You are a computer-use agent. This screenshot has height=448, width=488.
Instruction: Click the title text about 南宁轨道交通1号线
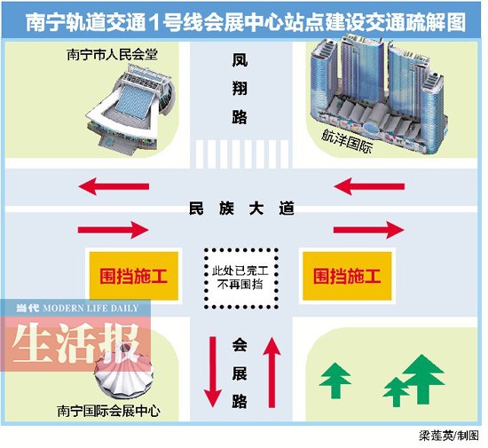tap(246, 22)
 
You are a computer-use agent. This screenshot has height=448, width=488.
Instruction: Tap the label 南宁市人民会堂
tap(113, 55)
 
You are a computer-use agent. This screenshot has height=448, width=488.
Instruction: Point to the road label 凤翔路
tap(240, 89)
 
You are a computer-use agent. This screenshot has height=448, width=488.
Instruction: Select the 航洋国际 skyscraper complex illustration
tap(379, 93)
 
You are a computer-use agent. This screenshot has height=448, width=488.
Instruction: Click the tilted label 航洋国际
tap(347, 141)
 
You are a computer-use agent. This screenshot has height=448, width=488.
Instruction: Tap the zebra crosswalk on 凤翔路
tap(242, 154)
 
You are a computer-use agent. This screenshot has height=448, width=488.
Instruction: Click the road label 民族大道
tap(241, 208)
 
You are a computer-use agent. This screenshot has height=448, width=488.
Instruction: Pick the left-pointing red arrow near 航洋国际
tap(369, 186)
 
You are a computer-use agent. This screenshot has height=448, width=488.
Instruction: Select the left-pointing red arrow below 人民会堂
tap(114, 186)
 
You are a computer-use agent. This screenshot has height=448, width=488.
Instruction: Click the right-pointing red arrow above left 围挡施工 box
tap(114, 230)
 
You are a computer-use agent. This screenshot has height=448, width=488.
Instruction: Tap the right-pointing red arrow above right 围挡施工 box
tap(369, 230)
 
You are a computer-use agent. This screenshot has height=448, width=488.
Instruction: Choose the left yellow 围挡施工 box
tap(134, 276)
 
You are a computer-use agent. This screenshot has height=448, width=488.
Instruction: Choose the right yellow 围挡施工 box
tap(347, 276)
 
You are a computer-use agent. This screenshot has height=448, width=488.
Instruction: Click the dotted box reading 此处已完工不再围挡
tap(240, 279)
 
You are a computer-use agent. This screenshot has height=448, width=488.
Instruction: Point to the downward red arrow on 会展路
tap(213, 372)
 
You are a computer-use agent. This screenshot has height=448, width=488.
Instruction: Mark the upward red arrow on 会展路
tap(272, 372)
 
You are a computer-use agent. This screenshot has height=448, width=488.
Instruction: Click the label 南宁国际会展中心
tap(108, 411)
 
